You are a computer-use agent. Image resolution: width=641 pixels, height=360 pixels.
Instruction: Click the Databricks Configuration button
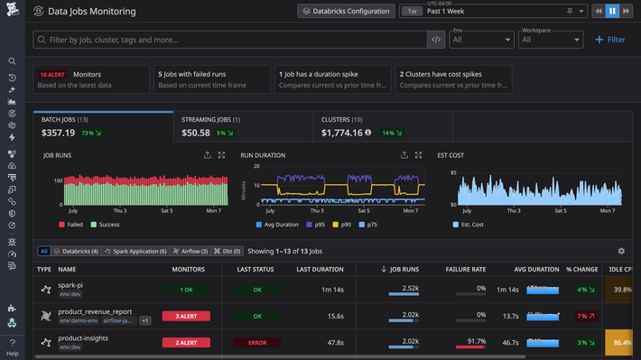(346, 12)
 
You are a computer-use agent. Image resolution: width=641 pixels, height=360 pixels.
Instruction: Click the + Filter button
(610, 40)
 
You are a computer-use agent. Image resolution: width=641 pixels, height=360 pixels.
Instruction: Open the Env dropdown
(480, 40)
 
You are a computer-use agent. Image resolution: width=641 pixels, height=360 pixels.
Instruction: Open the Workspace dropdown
(551, 40)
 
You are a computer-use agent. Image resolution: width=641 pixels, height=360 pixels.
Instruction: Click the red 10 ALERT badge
(51, 75)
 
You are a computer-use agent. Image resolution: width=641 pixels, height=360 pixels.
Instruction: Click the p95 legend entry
(316, 224)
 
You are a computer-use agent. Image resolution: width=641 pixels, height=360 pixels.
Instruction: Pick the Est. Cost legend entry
(469, 224)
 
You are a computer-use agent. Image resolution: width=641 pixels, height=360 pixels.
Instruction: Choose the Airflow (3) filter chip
(190, 251)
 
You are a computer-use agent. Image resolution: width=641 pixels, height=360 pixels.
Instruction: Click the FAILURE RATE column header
(466, 269)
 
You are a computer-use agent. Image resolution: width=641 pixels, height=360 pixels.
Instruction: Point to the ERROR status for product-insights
(256, 343)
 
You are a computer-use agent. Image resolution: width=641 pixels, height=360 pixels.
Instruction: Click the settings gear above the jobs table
(620, 251)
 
